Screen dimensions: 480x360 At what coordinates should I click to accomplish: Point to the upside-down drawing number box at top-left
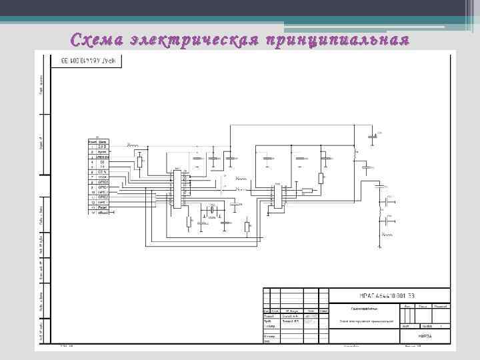tap(87, 61)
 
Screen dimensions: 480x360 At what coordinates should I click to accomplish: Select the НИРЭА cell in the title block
tap(424, 336)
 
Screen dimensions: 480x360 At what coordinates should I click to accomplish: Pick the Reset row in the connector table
tap(103, 207)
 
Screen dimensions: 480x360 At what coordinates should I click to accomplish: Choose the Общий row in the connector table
tap(103, 212)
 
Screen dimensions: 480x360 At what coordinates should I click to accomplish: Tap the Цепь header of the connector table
tap(103, 141)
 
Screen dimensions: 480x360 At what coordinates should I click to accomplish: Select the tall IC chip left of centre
tap(177, 189)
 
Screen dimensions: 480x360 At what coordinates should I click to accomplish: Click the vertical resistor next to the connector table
tap(139, 162)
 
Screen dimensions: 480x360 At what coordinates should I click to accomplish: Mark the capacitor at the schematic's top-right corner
tap(372, 136)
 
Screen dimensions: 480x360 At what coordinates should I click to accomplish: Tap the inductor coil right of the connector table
tap(134, 145)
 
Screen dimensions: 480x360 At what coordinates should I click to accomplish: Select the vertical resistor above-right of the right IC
tap(321, 178)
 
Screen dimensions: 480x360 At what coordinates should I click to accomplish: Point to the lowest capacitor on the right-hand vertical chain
tap(385, 235)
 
